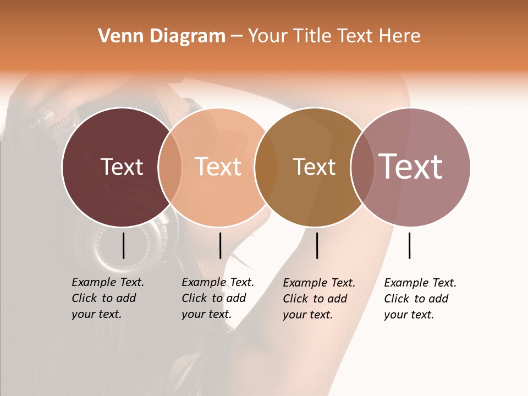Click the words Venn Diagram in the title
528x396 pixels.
tap(162, 36)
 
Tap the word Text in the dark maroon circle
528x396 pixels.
tap(122, 167)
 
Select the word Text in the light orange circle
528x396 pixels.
tap(218, 167)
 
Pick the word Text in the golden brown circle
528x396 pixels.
tap(314, 167)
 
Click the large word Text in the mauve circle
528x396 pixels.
tap(411, 167)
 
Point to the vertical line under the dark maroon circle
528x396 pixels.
tap(123, 245)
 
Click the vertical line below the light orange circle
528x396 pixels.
tap(220, 245)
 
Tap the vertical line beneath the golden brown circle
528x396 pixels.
tap(317, 245)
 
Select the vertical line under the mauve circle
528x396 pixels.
tap(410, 245)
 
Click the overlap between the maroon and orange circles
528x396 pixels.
tap(170, 167)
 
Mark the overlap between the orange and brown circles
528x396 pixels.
tap(266, 167)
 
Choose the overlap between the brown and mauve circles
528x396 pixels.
tap(362, 167)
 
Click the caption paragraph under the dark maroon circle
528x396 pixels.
tap(108, 298)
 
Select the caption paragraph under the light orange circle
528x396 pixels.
tap(218, 298)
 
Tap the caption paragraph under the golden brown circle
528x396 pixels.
tap(319, 299)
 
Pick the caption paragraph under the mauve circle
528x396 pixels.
tap(420, 299)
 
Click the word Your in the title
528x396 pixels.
tap(268, 36)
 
